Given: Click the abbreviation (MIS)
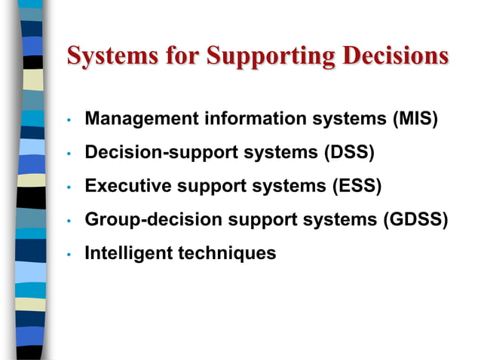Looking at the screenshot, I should [x=414, y=119].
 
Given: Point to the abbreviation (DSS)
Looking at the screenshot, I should [x=350, y=152].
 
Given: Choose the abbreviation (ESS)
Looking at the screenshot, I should [x=357, y=186].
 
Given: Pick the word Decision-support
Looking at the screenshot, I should [x=156, y=153].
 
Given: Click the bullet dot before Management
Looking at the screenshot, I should [x=68, y=121].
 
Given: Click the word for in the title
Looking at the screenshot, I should [x=183, y=56].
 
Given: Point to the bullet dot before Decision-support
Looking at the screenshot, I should [x=68, y=154].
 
